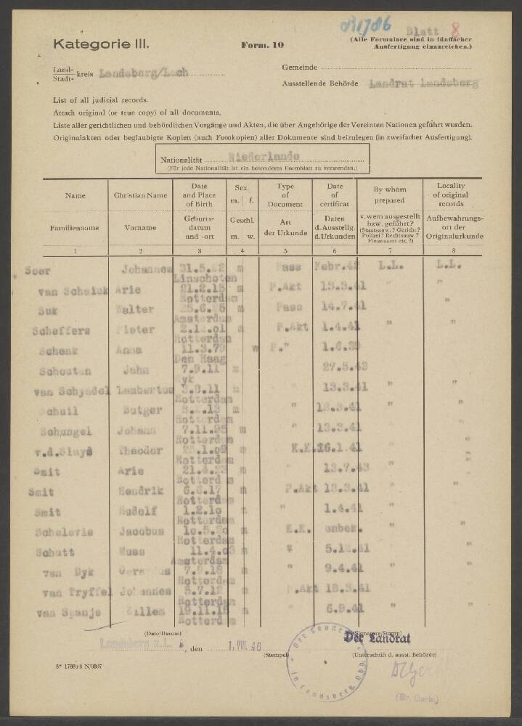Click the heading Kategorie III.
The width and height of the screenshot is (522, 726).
[101, 44]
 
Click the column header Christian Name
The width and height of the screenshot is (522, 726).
[141, 195]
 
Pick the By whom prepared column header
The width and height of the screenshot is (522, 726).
[388, 195]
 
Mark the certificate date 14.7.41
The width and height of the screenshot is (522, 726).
[334, 308]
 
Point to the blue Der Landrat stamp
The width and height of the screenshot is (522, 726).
[383, 637]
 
